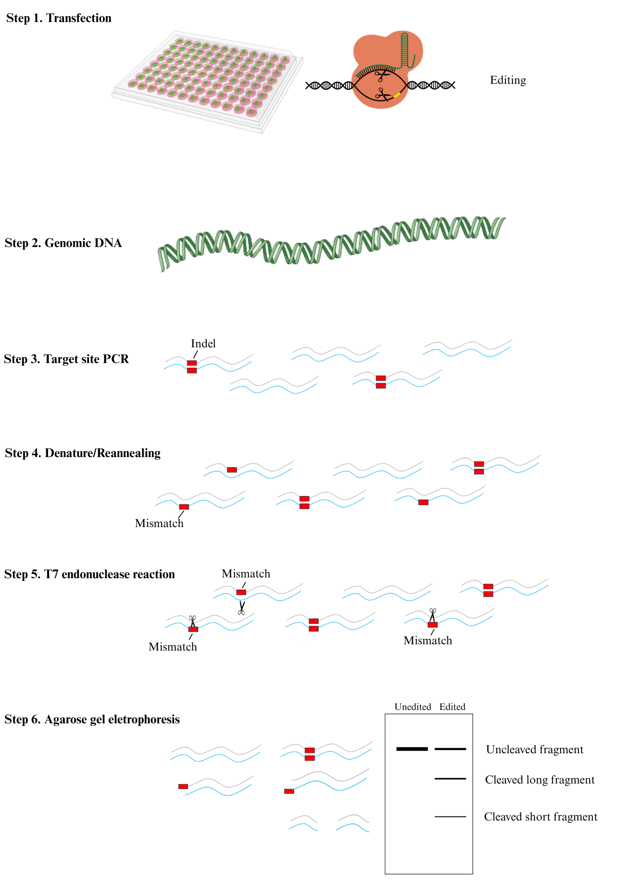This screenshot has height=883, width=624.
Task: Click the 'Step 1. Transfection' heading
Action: (x=59, y=18)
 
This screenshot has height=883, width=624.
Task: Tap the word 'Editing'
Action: (x=508, y=80)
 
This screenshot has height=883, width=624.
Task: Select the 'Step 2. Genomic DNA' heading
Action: (x=63, y=243)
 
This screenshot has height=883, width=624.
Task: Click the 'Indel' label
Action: (x=203, y=344)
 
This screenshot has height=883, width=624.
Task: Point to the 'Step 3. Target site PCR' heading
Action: (x=66, y=359)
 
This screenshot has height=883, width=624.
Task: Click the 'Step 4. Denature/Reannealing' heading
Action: (x=83, y=453)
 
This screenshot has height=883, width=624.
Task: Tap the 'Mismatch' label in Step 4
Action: (x=159, y=524)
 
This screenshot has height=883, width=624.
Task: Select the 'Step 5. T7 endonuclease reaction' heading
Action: (x=89, y=574)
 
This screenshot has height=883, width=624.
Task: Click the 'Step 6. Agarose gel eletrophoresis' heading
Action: (x=92, y=719)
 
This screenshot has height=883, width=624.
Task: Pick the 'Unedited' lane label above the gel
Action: (x=412, y=707)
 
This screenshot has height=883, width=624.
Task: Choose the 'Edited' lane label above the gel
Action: (x=452, y=707)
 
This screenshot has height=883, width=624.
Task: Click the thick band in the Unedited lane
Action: (x=412, y=749)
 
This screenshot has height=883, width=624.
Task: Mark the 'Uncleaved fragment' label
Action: (x=534, y=750)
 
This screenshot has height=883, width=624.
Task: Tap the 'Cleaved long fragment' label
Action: (x=539, y=780)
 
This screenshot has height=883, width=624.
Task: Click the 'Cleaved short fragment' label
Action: (x=540, y=817)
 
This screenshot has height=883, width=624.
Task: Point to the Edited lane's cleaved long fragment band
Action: (x=450, y=779)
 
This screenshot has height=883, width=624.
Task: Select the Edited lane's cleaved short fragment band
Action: (x=450, y=817)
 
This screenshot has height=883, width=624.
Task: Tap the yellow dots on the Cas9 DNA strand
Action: (x=397, y=95)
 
